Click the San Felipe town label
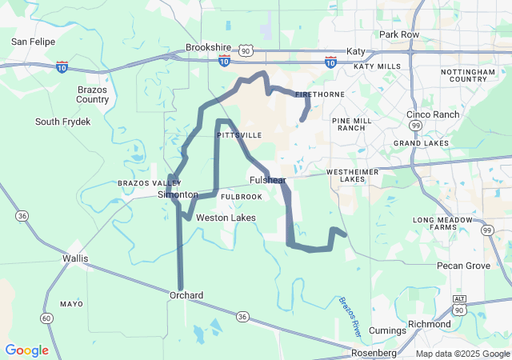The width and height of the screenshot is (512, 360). (32, 40)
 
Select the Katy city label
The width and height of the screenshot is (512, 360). (355, 51)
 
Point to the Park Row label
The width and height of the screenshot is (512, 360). (399, 34)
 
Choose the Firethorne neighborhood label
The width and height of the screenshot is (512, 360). (314, 94)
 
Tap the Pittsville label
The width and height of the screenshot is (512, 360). (239, 136)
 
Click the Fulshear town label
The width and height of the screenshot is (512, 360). (268, 181)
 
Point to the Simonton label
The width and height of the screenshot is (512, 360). (178, 195)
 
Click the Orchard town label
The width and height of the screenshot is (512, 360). (186, 295)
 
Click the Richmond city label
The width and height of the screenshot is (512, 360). (429, 324)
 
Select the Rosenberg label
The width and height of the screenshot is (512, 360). (374, 353)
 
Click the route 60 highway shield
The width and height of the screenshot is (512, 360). (47, 318)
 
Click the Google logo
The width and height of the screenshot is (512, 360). (26, 350)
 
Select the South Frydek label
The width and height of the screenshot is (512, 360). (63, 122)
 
